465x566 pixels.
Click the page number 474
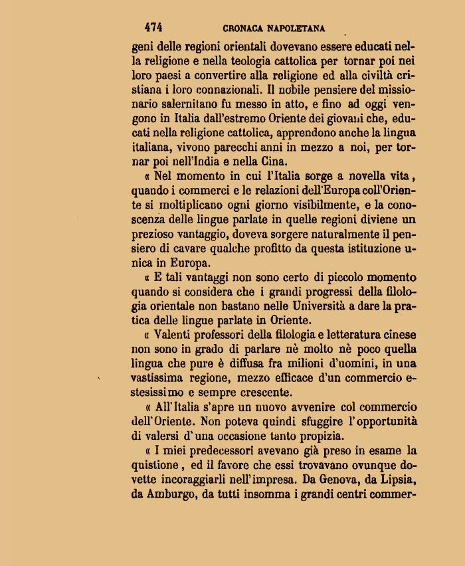[x=153, y=27]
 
